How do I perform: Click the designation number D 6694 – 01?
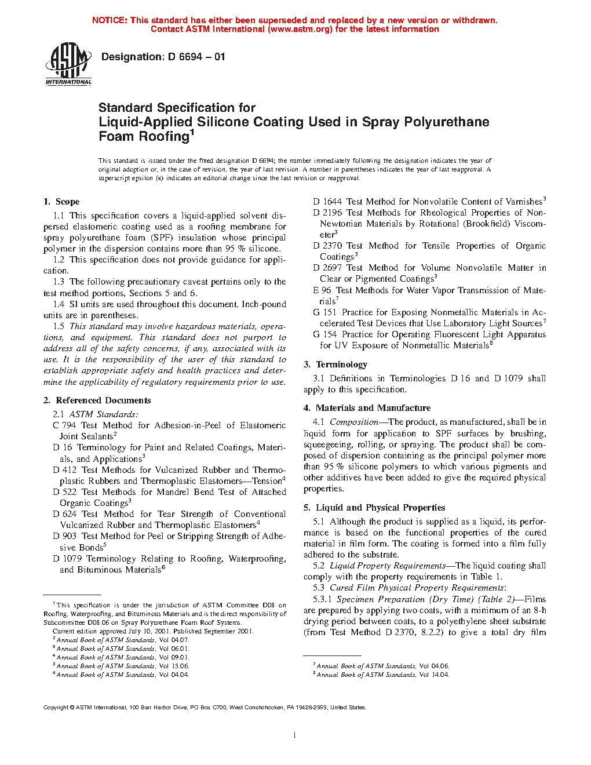(196, 57)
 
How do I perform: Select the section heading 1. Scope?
(61, 202)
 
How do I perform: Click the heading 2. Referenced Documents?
(97, 400)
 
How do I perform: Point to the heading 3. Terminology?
(335, 365)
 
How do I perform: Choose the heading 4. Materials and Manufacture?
(367, 408)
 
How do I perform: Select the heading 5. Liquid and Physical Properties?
(374, 508)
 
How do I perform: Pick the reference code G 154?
(324, 334)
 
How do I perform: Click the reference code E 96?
(322, 290)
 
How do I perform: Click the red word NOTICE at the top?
(110, 20)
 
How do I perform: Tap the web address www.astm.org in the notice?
(300, 29)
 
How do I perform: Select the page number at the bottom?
(295, 735)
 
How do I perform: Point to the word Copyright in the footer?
(56, 707)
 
